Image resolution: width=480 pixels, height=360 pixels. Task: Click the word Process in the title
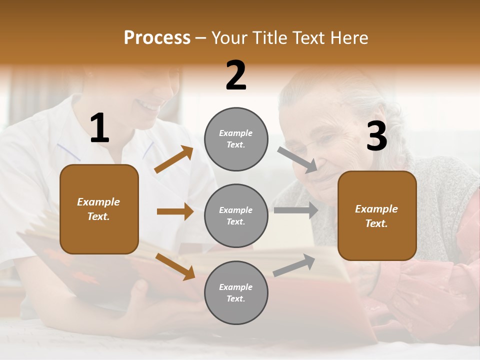(157, 38)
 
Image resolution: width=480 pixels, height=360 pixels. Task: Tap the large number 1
(99, 129)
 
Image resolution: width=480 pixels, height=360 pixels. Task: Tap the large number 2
(236, 75)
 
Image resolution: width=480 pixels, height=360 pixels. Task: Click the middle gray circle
(236, 215)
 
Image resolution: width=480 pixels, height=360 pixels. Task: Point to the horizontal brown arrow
(175, 211)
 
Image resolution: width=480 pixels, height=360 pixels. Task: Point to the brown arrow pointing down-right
(175, 266)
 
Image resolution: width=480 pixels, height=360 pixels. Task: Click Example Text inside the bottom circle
(236, 292)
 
